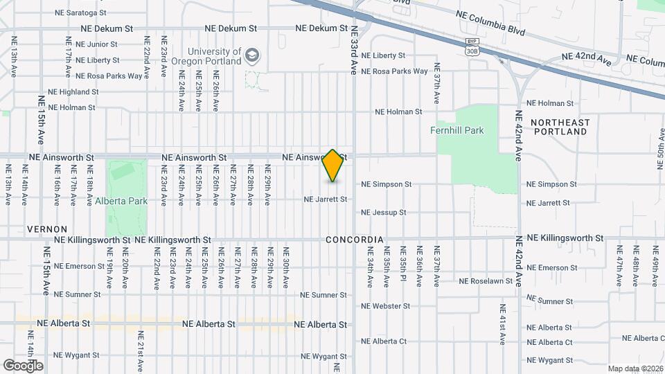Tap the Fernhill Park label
click(456, 130)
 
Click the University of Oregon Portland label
click(215, 56)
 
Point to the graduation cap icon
click(253, 55)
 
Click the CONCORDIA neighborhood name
click(355, 240)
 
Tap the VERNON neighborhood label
click(47, 229)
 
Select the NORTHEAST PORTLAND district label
click(560, 127)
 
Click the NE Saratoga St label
click(80, 12)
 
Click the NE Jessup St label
click(383, 213)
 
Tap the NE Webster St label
click(385, 306)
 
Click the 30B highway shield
click(472, 50)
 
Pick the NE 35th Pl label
click(403, 267)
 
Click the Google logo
click(23, 365)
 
